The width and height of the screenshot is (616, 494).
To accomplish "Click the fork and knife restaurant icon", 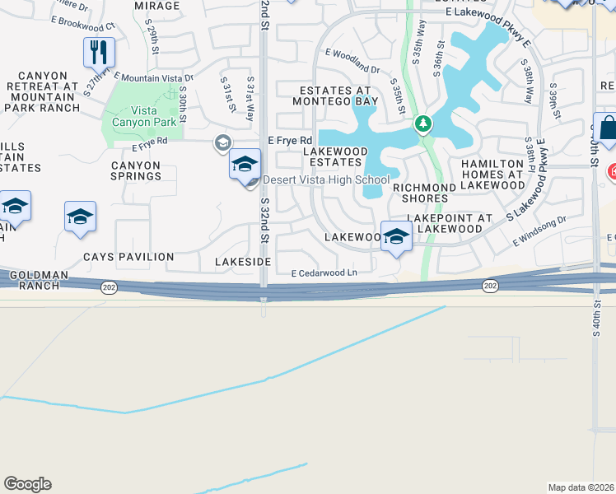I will (99, 53).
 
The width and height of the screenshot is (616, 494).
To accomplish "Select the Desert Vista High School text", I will (326, 179).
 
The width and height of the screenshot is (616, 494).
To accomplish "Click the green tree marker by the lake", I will (423, 124).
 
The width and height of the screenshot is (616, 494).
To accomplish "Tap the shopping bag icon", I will (607, 129).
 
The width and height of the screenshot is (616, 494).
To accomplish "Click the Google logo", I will (27, 484).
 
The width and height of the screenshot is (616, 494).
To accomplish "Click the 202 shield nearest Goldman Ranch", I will (109, 286).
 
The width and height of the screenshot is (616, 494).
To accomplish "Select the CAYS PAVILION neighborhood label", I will (128, 257).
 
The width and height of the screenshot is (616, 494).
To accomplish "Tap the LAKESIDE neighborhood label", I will (243, 261).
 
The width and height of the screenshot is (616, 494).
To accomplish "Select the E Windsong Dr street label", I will (540, 231).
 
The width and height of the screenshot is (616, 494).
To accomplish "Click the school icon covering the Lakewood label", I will (396, 237).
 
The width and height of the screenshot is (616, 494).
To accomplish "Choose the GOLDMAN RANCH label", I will (30, 280).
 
